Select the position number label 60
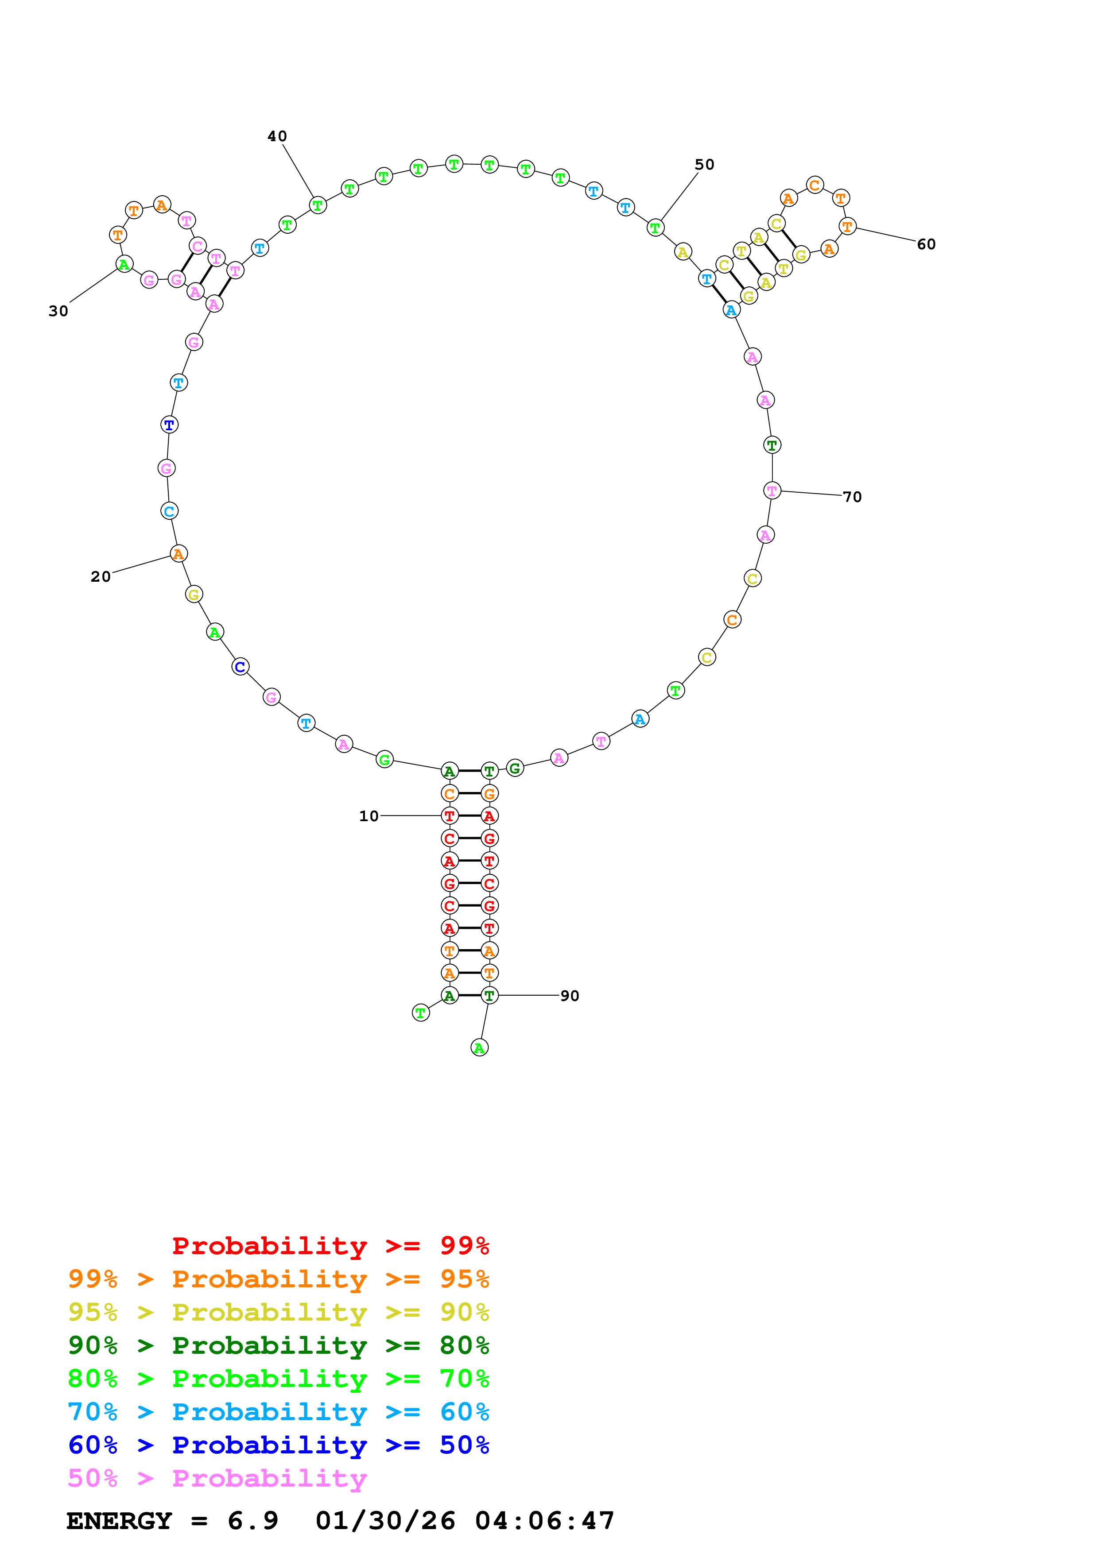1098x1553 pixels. pos(926,245)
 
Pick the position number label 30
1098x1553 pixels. pos(58,312)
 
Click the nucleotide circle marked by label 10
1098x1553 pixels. pos(449,816)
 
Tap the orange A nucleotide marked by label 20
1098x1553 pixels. pos(178,554)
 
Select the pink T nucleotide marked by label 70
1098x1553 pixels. pos(772,491)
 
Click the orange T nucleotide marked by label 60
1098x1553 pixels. pos(847,227)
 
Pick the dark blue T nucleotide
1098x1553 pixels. pos(169,425)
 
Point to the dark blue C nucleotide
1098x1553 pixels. pos(240,667)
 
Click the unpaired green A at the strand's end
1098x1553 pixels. pos(479,1048)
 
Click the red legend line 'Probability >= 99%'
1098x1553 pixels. pos(330,1246)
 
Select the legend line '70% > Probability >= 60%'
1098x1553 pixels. pos(278,1412)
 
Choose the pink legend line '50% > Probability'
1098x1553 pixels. pos(217,1479)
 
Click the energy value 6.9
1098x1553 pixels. pos(252,1521)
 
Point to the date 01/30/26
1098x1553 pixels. pos(385,1521)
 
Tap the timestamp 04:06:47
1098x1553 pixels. pos(545,1521)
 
